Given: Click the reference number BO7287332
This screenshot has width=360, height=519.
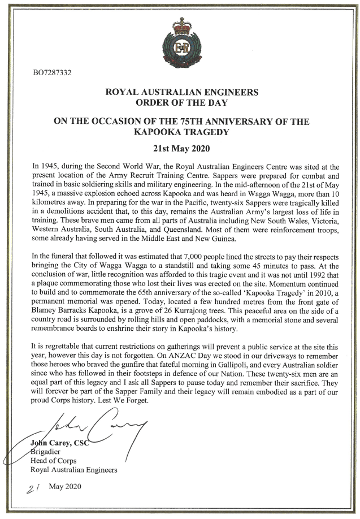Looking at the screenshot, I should pyautogui.click(x=53, y=73).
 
